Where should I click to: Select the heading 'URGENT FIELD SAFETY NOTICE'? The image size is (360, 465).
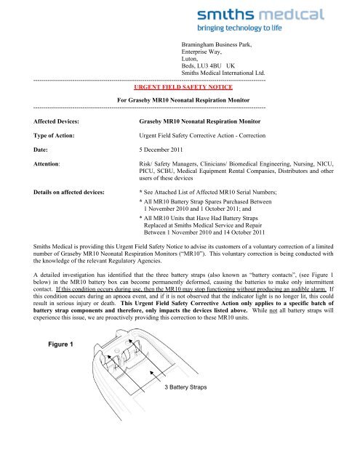pyautogui.click(x=180, y=84)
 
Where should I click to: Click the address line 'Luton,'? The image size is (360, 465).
pyautogui.click(x=191, y=59)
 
